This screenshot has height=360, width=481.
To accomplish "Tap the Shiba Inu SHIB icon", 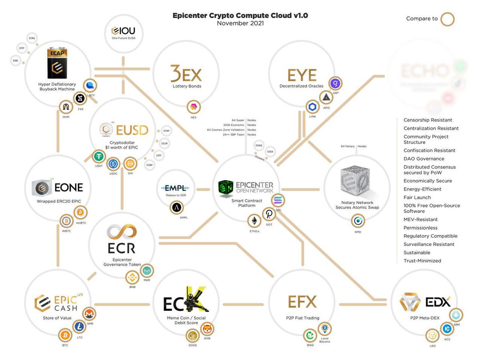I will [x=207, y=329].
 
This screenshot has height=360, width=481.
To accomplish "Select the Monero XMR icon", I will [x=89, y=314].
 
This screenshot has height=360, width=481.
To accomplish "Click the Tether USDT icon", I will [x=98, y=156].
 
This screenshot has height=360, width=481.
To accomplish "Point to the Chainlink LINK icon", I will [x=313, y=107].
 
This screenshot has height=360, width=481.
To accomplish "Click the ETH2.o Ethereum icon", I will [x=254, y=221].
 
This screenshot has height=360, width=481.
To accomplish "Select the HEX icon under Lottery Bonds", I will [x=193, y=107].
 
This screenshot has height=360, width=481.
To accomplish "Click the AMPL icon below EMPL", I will [x=176, y=207].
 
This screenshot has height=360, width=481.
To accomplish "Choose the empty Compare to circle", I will [x=447, y=18].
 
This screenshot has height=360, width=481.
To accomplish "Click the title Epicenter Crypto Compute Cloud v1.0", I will [x=240, y=16].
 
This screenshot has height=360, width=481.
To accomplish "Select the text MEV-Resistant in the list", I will [x=420, y=219].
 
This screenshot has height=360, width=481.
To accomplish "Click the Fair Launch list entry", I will [x=417, y=197].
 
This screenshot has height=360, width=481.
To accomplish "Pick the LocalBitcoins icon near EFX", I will [x=325, y=329].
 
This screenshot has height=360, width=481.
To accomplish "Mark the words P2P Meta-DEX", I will [x=425, y=318].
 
